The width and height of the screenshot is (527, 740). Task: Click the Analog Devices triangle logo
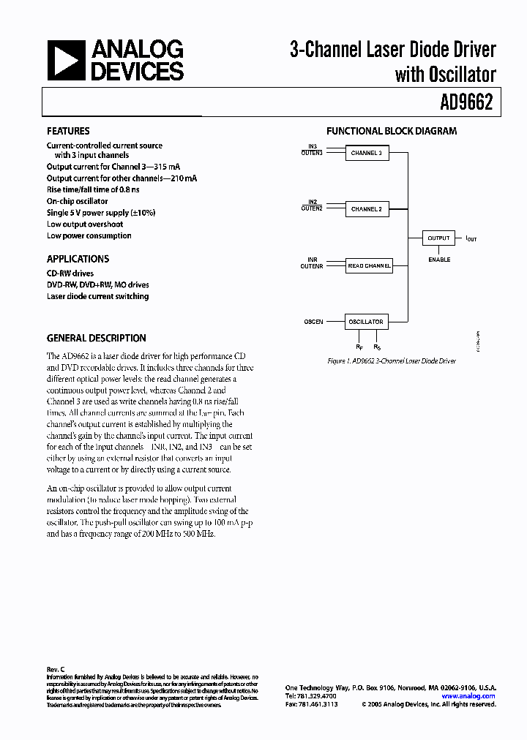tap(66, 61)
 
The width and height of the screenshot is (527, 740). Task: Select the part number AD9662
tap(468, 104)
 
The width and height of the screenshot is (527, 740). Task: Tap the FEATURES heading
tap(68, 132)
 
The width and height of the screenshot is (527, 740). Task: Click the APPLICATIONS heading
tap(78, 259)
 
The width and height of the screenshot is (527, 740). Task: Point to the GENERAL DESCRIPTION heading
tap(96, 339)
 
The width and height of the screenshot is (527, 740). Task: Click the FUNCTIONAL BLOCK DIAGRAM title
tap(391, 132)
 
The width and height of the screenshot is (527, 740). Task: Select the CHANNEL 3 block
tap(366, 154)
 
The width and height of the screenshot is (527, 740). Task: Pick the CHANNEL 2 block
tap(366, 209)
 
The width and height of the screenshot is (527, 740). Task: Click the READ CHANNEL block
tap(368, 266)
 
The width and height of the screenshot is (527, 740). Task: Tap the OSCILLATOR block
tap(366, 322)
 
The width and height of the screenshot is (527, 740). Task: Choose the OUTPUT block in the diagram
tap(438, 238)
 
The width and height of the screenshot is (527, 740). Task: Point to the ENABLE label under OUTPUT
tap(439, 260)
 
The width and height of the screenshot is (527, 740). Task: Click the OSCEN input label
tap(313, 322)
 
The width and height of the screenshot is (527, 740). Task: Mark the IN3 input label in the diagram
tap(313, 147)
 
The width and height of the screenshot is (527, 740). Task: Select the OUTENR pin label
tap(312, 266)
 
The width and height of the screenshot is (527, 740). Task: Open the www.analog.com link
tap(468, 696)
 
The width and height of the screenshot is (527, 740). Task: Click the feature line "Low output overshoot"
tap(85, 224)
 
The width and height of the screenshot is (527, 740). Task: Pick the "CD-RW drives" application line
tap(70, 273)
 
